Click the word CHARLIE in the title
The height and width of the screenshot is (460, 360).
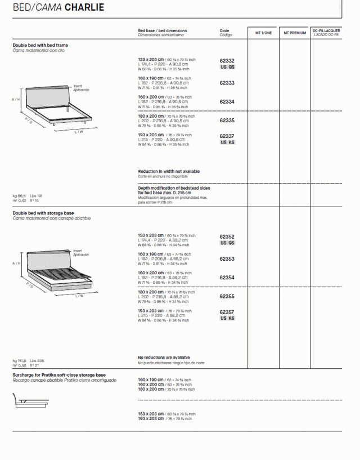pyautogui.click(x=84, y=8)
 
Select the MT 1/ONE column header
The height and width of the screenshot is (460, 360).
pyautogui.click(x=263, y=33)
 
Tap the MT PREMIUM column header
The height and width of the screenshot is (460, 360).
pyautogui.click(x=295, y=33)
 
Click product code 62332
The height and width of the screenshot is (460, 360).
pyautogui.click(x=227, y=61)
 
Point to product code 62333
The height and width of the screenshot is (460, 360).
pyautogui.click(x=227, y=83)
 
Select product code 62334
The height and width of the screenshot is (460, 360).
pyautogui.click(x=227, y=102)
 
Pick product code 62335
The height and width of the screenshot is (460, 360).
pyautogui.click(x=227, y=120)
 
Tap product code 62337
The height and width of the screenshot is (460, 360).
pyautogui.click(x=227, y=136)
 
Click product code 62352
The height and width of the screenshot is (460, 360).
pyautogui.click(x=227, y=237)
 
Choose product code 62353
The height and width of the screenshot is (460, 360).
pyautogui.click(x=227, y=259)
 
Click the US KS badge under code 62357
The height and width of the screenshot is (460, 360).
pyautogui.click(x=227, y=319)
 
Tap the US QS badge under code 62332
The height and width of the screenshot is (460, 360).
pyautogui.click(x=227, y=67)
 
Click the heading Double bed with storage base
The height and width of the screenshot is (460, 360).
pyautogui.click(x=43, y=214)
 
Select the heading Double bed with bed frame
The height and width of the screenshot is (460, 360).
pyautogui.click(x=40, y=45)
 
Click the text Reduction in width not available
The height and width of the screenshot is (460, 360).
pyautogui.click(x=169, y=172)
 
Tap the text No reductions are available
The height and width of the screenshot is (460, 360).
pyautogui.click(x=164, y=358)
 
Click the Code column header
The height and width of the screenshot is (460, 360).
pyautogui.click(x=224, y=30)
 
